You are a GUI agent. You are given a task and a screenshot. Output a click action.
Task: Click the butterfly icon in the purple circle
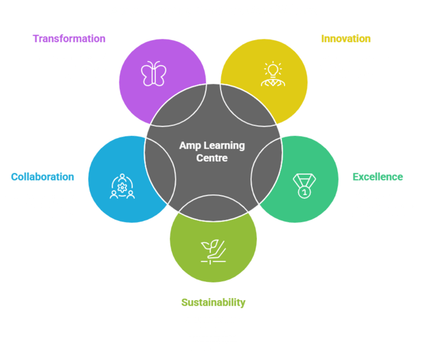153,74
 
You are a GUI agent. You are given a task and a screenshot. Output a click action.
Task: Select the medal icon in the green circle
303,185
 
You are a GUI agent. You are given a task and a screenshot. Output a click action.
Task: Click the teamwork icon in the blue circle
121,186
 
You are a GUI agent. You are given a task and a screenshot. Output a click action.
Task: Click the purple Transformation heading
69,39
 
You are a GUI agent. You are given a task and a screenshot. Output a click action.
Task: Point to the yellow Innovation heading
346,39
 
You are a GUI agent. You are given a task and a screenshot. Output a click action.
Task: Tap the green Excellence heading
378,178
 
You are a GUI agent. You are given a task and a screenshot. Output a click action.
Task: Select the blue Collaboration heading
42,177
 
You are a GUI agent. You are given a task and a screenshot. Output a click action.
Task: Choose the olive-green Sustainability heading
213,302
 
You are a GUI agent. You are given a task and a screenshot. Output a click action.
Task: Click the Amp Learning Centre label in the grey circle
212,151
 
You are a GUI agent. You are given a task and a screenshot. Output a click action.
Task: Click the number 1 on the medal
304,192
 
